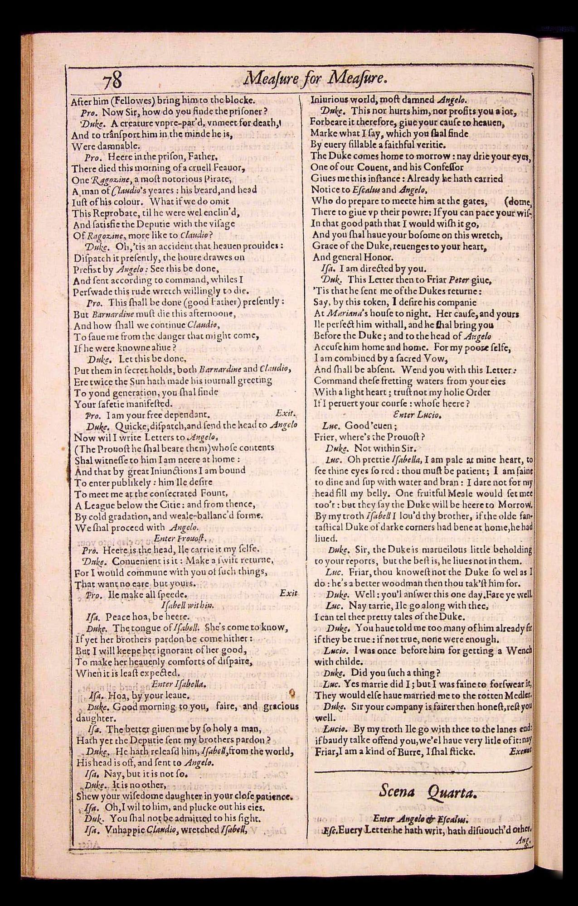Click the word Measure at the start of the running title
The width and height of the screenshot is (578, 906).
click(268, 80)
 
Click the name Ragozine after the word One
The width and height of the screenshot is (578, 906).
click(97, 179)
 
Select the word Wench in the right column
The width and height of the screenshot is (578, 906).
click(519, 651)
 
